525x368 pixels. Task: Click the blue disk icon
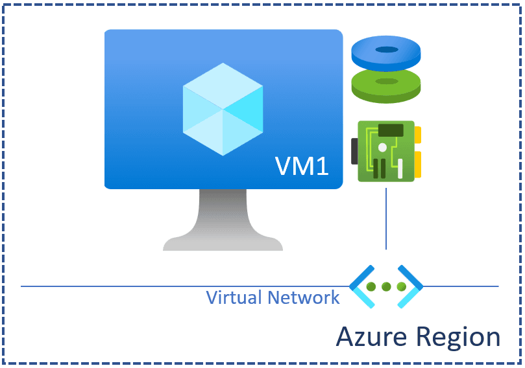(386, 55)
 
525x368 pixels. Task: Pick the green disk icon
(386, 86)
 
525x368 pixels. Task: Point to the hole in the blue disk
(387, 50)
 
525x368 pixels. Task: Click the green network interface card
(386, 151)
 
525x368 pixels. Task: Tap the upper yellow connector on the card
(418, 135)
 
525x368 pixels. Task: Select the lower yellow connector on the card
(418, 165)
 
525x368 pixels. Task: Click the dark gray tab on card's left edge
(354, 151)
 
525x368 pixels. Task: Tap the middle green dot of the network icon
(387, 286)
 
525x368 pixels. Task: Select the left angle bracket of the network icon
(361, 286)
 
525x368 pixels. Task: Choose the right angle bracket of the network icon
(411, 286)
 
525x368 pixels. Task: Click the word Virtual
(229, 297)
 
